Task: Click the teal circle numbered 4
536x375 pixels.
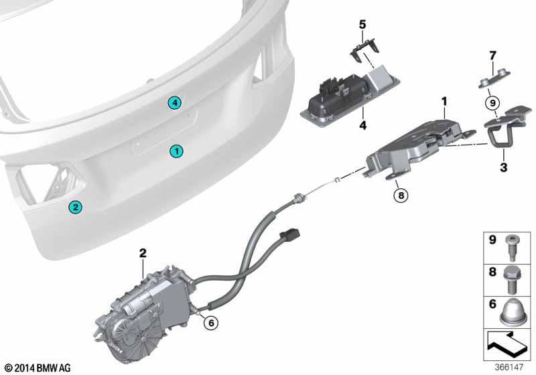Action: pyautogui.click(x=174, y=103)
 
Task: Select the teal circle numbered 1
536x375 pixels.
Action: pyautogui.click(x=176, y=151)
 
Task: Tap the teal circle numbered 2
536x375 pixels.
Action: pyautogui.click(x=75, y=207)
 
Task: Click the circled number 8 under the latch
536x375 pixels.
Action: pyautogui.click(x=401, y=196)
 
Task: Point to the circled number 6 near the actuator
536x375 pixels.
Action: pyautogui.click(x=211, y=323)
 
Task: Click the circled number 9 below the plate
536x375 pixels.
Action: pyautogui.click(x=492, y=102)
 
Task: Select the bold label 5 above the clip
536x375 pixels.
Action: pyautogui.click(x=362, y=25)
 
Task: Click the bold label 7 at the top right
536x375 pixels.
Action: pyautogui.click(x=492, y=56)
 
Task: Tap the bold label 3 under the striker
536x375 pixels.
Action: pyautogui.click(x=504, y=167)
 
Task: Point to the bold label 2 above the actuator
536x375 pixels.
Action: pyautogui.click(x=143, y=253)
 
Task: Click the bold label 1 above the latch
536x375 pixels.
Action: pyautogui.click(x=444, y=101)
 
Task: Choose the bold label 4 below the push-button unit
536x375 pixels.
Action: pyautogui.click(x=362, y=125)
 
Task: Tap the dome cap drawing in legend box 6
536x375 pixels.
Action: pyautogui.click(x=511, y=312)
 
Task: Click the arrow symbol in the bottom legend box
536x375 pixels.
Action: pyautogui.click(x=507, y=344)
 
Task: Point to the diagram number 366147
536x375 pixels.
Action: pyautogui.click(x=509, y=367)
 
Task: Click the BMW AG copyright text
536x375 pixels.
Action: pyautogui.click(x=38, y=368)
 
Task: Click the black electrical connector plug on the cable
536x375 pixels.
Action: pyautogui.click(x=290, y=235)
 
